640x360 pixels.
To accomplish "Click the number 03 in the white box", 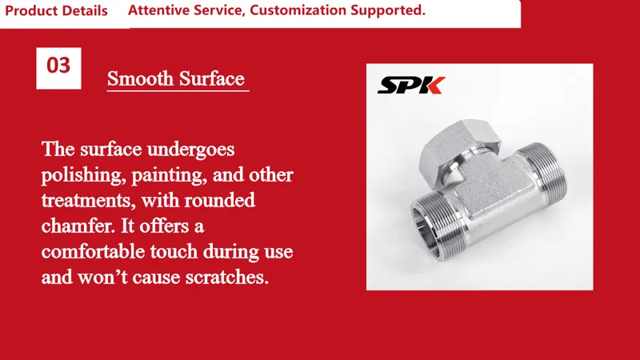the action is tap(58, 66).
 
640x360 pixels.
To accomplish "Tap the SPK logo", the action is tap(411, 85).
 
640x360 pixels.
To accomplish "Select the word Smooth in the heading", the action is tap(141, 78).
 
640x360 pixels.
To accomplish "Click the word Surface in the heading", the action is tap(212, 78).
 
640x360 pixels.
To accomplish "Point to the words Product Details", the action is tap(56, 10).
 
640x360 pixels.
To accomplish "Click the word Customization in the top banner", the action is tap(298, 10).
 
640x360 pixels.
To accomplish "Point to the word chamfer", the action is tap(78, 226).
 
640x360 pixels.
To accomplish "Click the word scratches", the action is tap(227, 277).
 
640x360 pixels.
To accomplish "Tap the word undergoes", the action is tap(190, 150).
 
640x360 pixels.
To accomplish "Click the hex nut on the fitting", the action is tap(460, 148).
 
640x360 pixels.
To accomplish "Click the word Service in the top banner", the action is tap(219, 10).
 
